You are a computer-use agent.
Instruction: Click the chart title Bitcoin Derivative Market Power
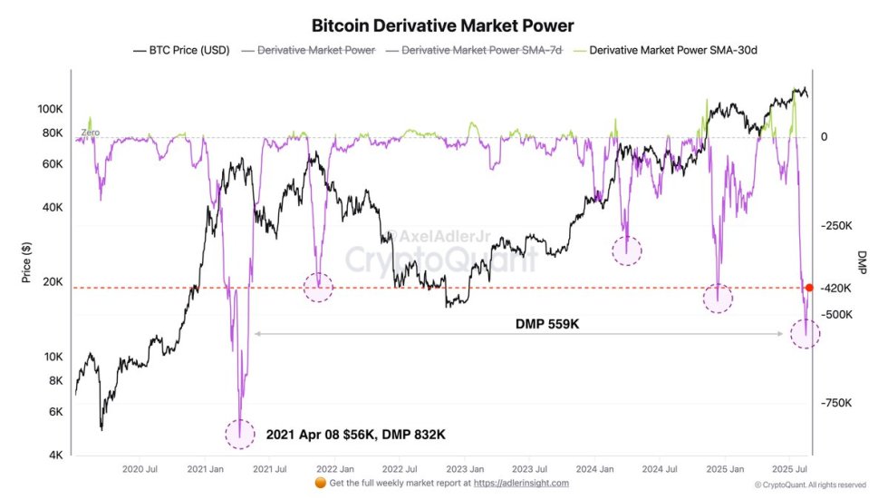point(442,26)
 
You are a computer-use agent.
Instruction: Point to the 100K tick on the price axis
point(49,109)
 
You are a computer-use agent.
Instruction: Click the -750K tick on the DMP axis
point(835,404)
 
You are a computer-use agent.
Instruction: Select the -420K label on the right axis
point(835,289)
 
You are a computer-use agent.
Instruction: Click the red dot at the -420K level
point(809,288)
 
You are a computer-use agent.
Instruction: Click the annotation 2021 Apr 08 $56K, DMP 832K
point(355,435)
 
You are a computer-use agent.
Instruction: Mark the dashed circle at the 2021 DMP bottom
point(240,433)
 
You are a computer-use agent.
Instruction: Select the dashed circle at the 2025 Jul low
point(805,333)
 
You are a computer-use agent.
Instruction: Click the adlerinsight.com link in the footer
point(521,484)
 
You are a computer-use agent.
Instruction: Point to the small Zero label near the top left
point(90,132)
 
